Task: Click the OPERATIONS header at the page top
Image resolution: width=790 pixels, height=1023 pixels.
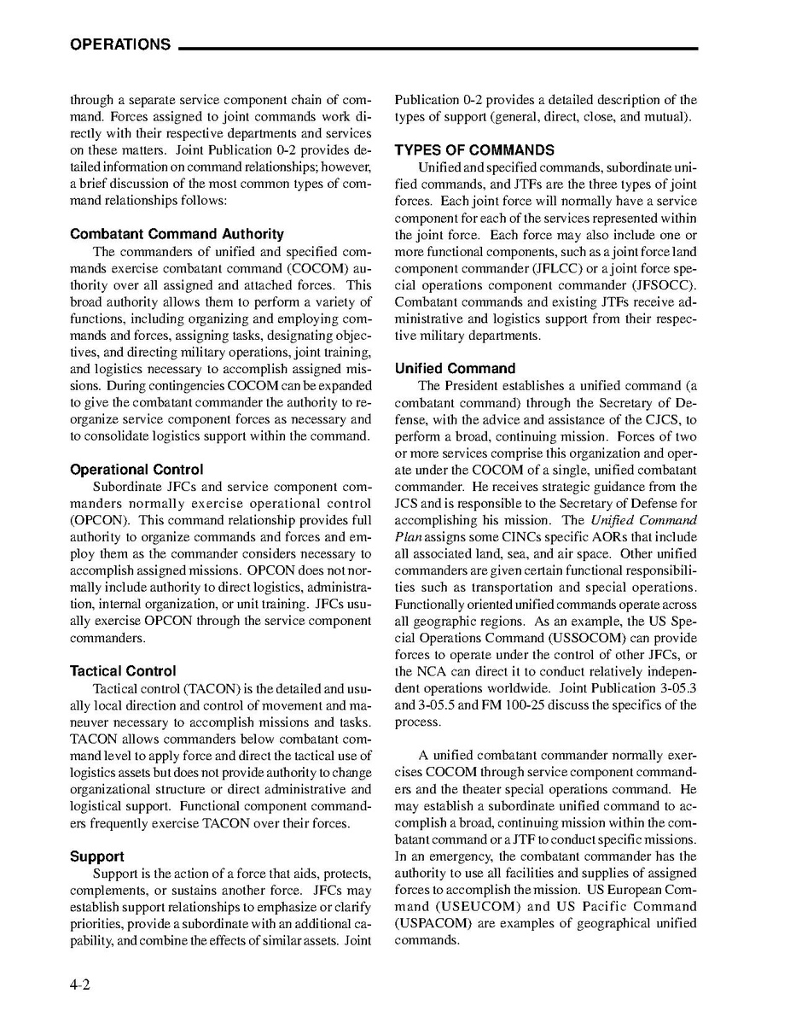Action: [x=120, y=44]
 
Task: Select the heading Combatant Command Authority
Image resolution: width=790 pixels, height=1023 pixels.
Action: [x=177, y=234]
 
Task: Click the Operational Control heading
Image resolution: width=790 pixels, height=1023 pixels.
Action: [x=137, y=470]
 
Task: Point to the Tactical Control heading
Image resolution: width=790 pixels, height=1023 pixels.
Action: [x=123, y=671]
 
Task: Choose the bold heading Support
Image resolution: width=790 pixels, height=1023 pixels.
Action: [x=96, y=856]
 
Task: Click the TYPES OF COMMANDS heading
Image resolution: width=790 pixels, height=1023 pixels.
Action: [x=474, y=150]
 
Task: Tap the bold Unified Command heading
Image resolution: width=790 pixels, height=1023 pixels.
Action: [x=455, y=369]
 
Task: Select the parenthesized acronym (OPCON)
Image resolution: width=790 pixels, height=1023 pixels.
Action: [x=99, y=520]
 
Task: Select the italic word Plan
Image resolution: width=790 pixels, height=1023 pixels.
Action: [x=409, y=537]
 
